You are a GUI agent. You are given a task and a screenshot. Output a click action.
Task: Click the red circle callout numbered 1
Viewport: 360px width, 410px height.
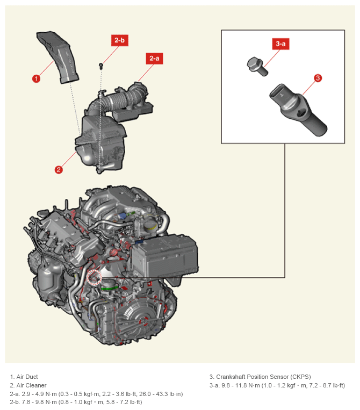coord(36,78)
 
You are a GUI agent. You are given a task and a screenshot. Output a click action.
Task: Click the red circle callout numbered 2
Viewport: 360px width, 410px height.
coord(59,169)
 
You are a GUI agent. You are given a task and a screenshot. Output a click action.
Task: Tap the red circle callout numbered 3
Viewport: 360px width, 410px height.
coord(318,78)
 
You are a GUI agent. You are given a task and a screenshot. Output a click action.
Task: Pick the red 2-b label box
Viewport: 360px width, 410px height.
coord(119,40)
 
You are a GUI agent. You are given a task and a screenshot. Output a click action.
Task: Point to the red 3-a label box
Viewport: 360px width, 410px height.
coord(280,43)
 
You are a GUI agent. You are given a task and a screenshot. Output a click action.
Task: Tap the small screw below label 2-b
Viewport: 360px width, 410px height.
coord(100,66)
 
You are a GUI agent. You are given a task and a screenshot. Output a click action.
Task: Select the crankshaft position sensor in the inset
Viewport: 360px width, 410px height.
coord(298,106)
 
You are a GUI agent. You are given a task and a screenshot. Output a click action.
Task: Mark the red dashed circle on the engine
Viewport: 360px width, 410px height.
coord(94,277)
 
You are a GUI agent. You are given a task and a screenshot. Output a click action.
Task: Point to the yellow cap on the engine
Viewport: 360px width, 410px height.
coord(152,225)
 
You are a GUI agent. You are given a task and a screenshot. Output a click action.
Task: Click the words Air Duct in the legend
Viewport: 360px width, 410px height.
coord(24,377)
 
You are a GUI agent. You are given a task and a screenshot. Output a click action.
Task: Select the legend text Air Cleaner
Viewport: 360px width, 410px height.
coord(28,385)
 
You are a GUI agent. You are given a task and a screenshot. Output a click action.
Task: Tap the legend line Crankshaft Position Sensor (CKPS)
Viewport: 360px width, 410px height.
coord(260,377)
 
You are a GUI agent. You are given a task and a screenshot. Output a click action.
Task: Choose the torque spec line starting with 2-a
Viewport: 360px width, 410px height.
coord(96,394)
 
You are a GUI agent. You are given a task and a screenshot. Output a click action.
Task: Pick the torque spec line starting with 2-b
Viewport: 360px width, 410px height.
coord(76,402)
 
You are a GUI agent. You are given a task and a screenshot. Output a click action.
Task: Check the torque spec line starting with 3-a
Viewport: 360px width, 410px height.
coord(277,385)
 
